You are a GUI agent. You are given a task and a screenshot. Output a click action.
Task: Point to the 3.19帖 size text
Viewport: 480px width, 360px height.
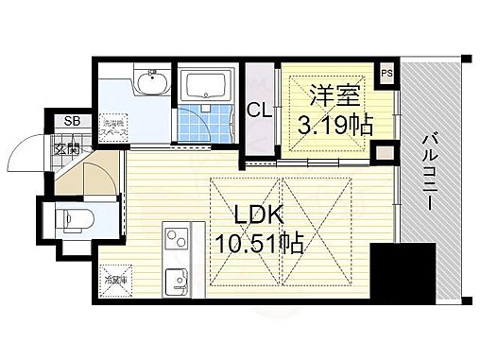(x=335, y=124)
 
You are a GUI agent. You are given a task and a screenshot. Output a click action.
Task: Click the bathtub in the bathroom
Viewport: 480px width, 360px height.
(x=206, y=87)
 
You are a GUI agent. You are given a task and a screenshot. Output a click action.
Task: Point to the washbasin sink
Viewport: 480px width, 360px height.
(x=149, y=82)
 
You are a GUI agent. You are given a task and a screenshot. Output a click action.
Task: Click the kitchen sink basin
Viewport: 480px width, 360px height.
(x=176, y=282)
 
